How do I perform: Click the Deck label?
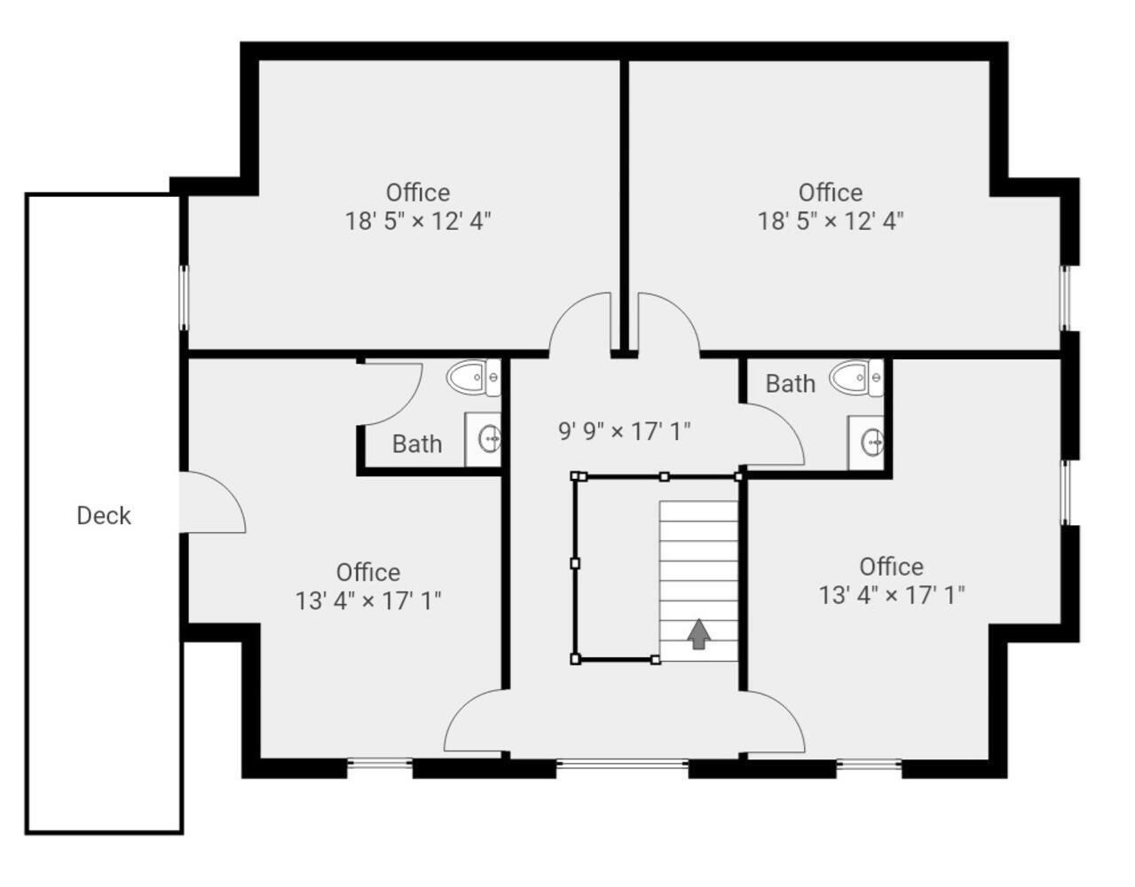pyautogui.click(x=104, y=516)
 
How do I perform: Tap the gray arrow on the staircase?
pyautogui.click(x=698, y=634)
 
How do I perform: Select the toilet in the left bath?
pyautogui.click(x=473, y=377)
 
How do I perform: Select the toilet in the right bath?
pyautogui.click(x=856, y=378)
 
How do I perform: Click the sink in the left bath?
pyautogui.click(x=483, y=440)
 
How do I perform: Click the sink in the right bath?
pyautogui.click(x=865, y=443)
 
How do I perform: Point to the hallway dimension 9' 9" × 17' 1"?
pyautogui.click(x=624, y=432)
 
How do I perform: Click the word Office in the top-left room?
pyautogui.click(x=418, y=192)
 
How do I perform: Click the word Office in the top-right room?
pyautogui.click(x=831, y=192)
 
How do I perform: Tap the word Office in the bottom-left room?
pyautogui.click(x=368, y=572)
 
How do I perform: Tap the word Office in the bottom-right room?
pyautogui.click(x=892, y=567)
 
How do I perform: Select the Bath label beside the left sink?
pyautogui.click(x=417, y=444)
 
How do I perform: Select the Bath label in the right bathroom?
pyautogui.click(x=791, y=384)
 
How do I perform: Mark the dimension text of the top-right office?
pyautogui.click(x=831, y=221)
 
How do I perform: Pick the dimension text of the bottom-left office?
pyautogui.click(x=368, y=600)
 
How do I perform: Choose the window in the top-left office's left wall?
pyautogui.click(x=184, y=298)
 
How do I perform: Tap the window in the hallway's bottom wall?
pyautogui.click(x=622, y=765)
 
